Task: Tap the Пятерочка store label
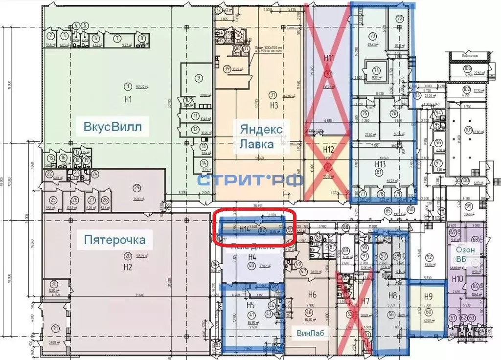coord(115,240)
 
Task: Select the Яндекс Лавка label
coord(261,137)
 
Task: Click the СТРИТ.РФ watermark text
coord(250,180)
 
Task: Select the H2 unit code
coord(128,267)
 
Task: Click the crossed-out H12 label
coord(328,149)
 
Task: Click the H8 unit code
coord(392,295)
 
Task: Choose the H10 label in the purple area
coord(457,279)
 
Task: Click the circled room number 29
coord(137,187)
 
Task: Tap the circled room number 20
coord(128,256)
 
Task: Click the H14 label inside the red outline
coord(244,228)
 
